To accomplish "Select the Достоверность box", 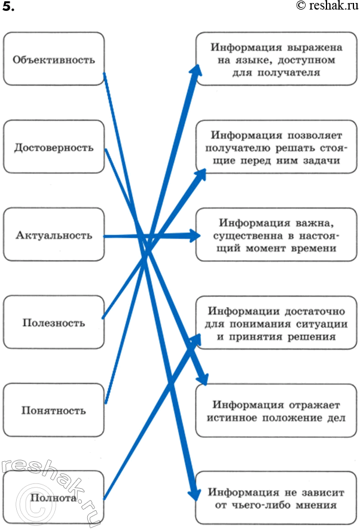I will point(54,147).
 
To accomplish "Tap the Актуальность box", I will point(54,235).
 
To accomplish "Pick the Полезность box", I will point(54,323).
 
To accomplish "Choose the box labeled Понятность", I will point(54,410).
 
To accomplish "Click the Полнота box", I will point(54,498).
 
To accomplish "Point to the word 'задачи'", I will point(321,161).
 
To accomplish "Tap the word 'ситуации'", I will point(321,323).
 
